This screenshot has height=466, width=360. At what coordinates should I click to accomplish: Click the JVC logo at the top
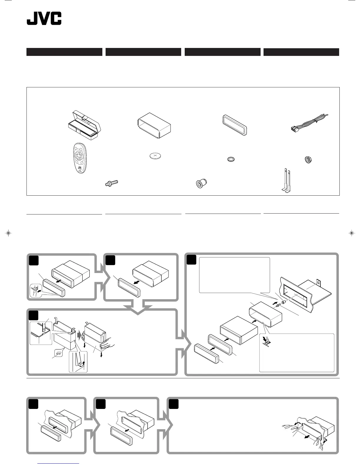click(x=44, y=19)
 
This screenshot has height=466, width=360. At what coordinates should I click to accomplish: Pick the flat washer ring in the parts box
click(x=231, y=159)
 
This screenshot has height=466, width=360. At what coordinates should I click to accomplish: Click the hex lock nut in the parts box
click(x=308, y=160)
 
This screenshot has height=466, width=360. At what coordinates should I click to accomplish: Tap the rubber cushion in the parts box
click(x=201, y=184)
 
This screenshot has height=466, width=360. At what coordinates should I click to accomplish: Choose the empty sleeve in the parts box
click(x=154, y=125)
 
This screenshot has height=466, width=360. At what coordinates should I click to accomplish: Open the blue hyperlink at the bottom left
click(x=58, y=463)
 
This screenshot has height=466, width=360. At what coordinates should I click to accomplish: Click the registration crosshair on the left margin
click(x=9, y=233)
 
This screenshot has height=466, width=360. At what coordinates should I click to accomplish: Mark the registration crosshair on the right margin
click(x=351, y=233)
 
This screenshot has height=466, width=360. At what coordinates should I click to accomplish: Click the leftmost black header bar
click(x=64, y=52)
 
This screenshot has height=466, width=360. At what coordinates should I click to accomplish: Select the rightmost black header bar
click(x=301, y=52)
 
